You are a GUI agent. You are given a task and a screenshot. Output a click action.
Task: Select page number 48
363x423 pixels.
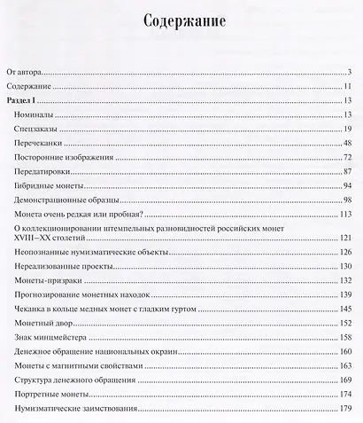click(x=349, y=144)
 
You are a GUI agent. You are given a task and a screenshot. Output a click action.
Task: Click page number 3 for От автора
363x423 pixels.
click(x=351, y=72)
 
